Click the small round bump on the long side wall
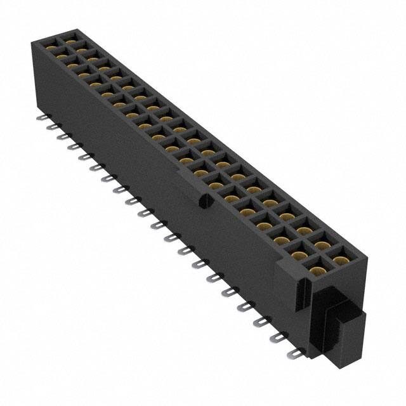(x=204, y=202)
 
